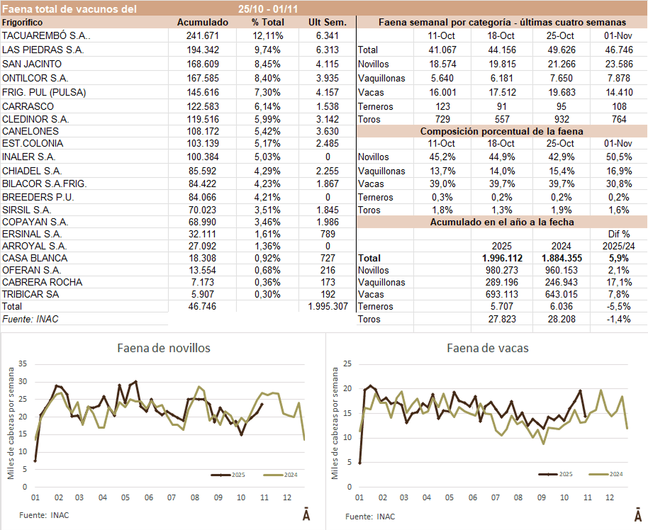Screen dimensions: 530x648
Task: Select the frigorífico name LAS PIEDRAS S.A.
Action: pos(43,50)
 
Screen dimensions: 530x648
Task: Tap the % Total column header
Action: pos(268,22)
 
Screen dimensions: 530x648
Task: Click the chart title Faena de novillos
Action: pos(163,348)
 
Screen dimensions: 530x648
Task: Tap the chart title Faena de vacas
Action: pos(487,348)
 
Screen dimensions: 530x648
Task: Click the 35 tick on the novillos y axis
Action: pos(21,363)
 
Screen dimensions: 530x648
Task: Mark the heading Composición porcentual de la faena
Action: pos(501,132)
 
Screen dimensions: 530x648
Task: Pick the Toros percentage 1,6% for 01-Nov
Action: pos(619,210)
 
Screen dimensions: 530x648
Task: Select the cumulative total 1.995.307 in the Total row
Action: pos(329,306)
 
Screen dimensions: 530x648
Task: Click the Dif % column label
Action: pos(618,233)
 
